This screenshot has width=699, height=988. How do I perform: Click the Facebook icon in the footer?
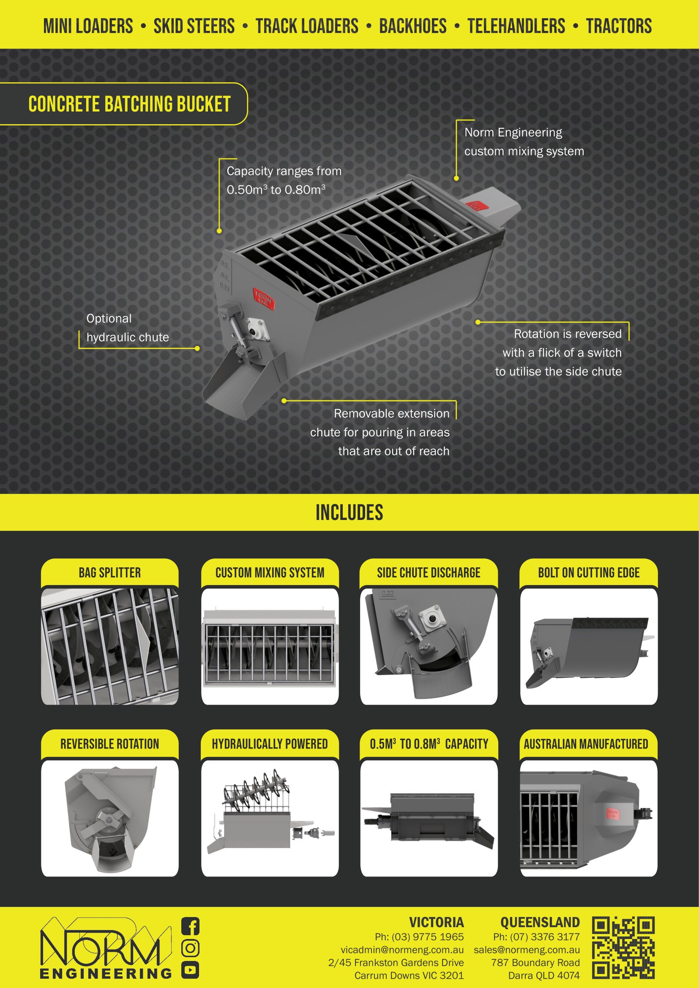click(190, 926)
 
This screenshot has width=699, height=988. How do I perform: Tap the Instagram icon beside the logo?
click(190, 947)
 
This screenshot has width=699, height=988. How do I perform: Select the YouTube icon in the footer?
click(190, 969)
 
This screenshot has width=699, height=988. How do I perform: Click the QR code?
click(623, 947)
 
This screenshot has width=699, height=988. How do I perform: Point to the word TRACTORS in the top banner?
click(619, 26)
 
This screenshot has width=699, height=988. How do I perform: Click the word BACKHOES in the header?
click(413, 26)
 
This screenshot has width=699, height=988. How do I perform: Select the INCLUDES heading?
click(349, 512)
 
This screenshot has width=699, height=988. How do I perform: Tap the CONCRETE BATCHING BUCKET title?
click(130, 104)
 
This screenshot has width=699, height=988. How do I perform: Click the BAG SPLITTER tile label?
click(110, 573)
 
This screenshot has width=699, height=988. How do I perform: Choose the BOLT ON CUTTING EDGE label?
click(589, 573)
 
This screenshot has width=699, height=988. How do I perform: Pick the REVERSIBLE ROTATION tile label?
click(110, 744)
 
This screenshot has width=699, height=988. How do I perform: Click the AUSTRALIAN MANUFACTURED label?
click(586, 744)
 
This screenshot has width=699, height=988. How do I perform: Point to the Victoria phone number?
click(419, 937)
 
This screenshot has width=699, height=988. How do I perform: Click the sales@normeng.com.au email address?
click(527, 950)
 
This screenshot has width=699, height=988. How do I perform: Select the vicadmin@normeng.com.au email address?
click(402, 950)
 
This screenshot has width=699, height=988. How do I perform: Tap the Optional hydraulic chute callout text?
click(128, 328)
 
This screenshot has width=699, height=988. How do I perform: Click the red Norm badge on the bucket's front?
click(263, 298)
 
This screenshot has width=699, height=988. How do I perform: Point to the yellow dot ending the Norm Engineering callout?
click(456, 178)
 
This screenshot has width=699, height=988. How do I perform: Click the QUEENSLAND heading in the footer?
click(540, 923)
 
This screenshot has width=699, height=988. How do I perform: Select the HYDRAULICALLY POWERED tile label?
click(270, 744)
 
